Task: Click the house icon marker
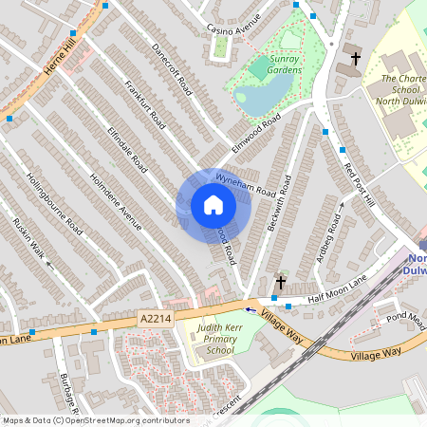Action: click(213, 205)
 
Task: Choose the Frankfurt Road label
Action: click(145, 103)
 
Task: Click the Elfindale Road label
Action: click(127, 148)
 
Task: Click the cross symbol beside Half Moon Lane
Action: click(280, 282)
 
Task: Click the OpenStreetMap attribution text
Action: click(96, 420)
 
